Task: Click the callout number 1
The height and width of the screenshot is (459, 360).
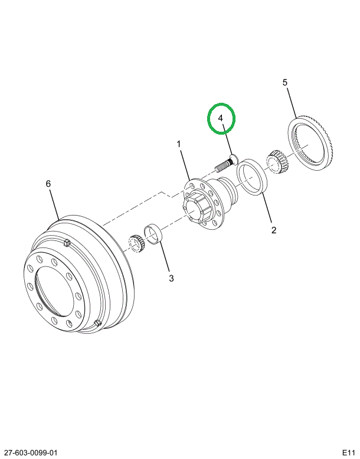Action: (x=178, y=144)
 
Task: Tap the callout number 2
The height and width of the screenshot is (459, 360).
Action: (x=274, y=230)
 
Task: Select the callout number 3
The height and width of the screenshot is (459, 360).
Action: (x=172, y=278)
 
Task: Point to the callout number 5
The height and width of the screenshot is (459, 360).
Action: (x=285, y=83)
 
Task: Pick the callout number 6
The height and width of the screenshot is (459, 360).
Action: (x=48, y=184)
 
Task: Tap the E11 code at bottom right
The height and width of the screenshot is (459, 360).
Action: (x=347, y=453)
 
